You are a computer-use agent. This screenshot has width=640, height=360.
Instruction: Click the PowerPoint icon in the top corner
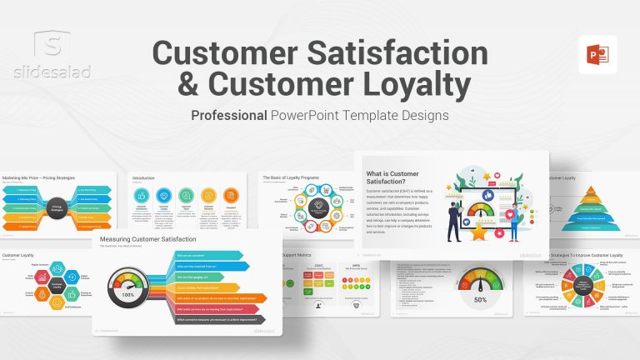[597, 54]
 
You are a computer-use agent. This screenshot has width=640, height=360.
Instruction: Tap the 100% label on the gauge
[128, 295]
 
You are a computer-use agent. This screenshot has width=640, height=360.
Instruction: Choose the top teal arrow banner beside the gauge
[208, 255]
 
